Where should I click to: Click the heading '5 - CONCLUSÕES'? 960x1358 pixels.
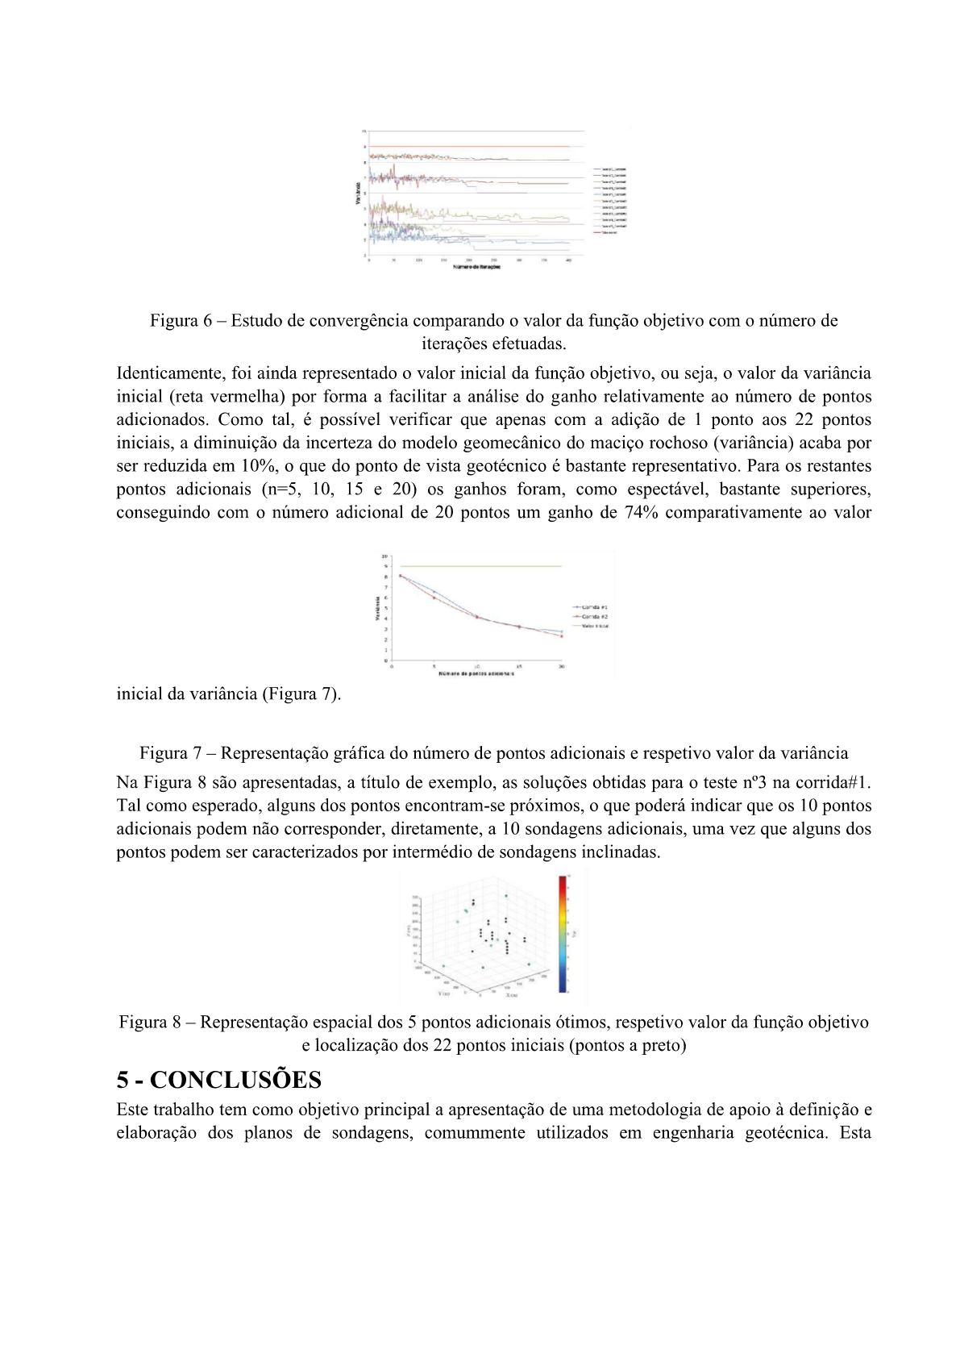(x=218, y=1080)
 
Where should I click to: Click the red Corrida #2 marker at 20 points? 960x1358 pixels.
(x=561, y=636)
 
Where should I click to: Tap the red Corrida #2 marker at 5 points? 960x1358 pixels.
(x=434, y=598)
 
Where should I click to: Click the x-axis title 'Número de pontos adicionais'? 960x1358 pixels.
(x=476, y=673)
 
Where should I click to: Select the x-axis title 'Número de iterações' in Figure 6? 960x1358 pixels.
(x=476, y=267)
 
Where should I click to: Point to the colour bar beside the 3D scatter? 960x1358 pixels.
(x=563, y=933)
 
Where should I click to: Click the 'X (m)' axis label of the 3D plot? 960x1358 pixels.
(x=512, y=995)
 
